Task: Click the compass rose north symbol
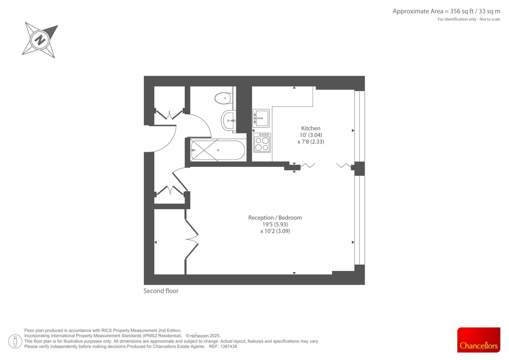pos(40,40)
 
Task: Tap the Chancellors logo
pos(478,340)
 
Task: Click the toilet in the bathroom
pos(223,98)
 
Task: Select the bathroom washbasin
pos(228,121)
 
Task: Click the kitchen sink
pos(261,118)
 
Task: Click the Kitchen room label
pos(310,128)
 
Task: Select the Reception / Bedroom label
pos(275,218)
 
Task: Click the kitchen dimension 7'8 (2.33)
pos(310,142)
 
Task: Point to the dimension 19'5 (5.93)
pos(275,225)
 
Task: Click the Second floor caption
pos(161,291)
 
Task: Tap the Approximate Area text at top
pos(446,11)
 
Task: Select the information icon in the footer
pos(15,340)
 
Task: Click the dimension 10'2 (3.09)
pos(275,231)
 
